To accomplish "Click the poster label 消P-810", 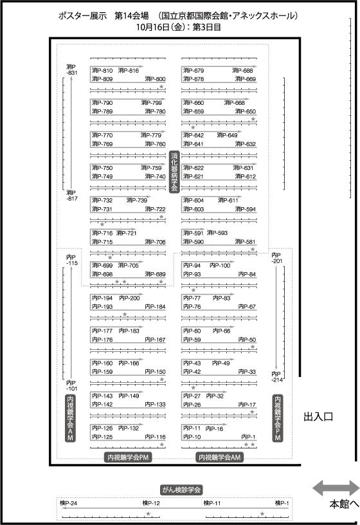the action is coord(102,71).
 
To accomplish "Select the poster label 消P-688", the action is coord(242,70).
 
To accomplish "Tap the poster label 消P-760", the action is coord(155,144).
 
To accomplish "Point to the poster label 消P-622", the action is coord(194,168).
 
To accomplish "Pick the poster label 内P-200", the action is coord(129,298).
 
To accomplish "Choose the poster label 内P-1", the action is coord(248,437).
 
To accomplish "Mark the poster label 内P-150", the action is coord(155,372).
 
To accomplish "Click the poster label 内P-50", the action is coord(248,340).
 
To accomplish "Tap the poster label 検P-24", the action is coord(68,503).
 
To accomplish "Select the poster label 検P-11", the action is coord(212,503).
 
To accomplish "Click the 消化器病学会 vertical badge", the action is coord(174,171).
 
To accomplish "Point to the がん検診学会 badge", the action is coord(181,490).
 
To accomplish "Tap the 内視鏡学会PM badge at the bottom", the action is coord(128,457).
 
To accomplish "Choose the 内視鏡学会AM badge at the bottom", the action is coord(219,457).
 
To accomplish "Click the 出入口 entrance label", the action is coord(318,417).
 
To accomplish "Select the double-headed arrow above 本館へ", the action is coord(336,488).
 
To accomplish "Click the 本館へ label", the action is coord(345,504).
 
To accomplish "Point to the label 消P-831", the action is coord(71,69).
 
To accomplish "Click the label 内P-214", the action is coord(277,376).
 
